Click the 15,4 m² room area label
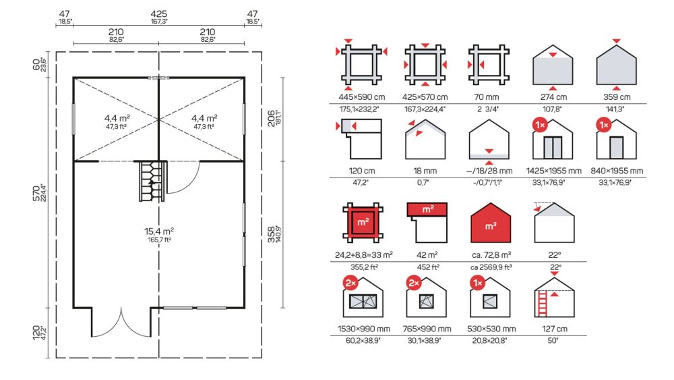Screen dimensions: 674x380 (x=158, y=232)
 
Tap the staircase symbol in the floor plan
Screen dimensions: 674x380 (x=152, y=181)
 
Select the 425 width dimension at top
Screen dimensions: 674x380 (x=158, y=14)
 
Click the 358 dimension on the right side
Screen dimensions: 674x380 (x=271, y=234)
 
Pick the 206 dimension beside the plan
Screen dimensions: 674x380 (x=271, y=118)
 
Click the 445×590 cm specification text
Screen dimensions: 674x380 (x=361, y=97)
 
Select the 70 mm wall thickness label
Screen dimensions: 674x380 (x=487, y=97)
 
